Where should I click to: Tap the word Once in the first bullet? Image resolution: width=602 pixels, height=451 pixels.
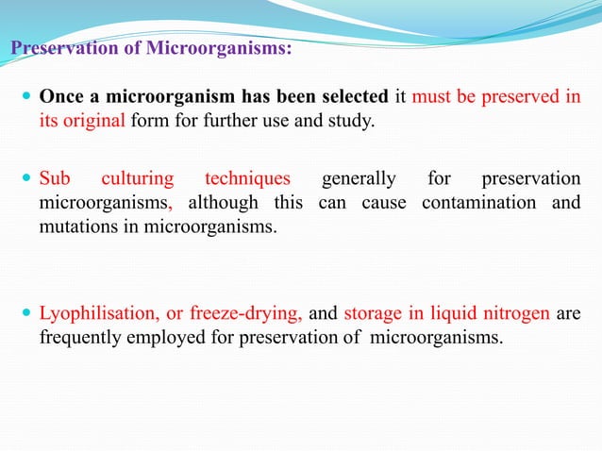(59, 99)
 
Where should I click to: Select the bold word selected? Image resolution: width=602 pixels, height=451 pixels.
(347, 99)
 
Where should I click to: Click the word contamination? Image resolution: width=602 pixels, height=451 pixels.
(473, 203)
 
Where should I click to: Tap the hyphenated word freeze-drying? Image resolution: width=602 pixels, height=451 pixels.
(247, 314)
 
